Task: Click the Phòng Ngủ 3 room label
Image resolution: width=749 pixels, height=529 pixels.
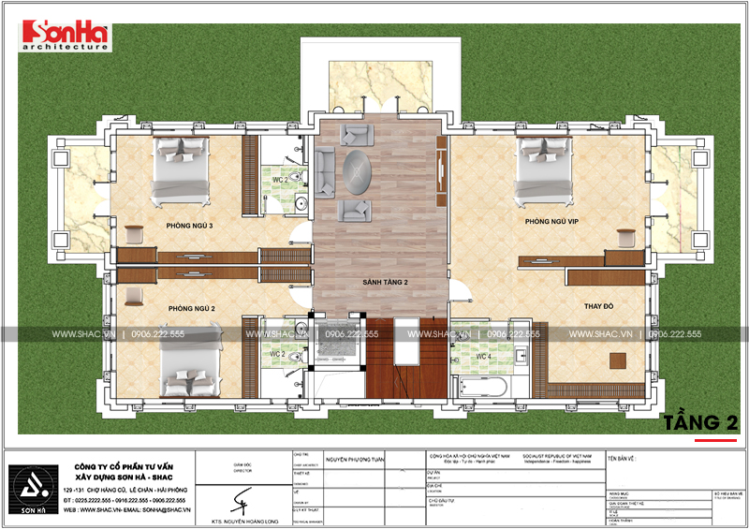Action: click(x=191, y=227)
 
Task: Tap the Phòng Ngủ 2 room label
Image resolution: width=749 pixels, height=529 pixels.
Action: click(x=192, y=308)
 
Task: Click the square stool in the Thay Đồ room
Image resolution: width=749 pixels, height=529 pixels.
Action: click(x=617, y=360)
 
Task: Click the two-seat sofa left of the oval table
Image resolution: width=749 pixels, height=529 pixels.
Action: click(x=324, y=170)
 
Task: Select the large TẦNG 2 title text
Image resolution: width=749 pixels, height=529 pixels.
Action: click(x=698, y=422)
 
